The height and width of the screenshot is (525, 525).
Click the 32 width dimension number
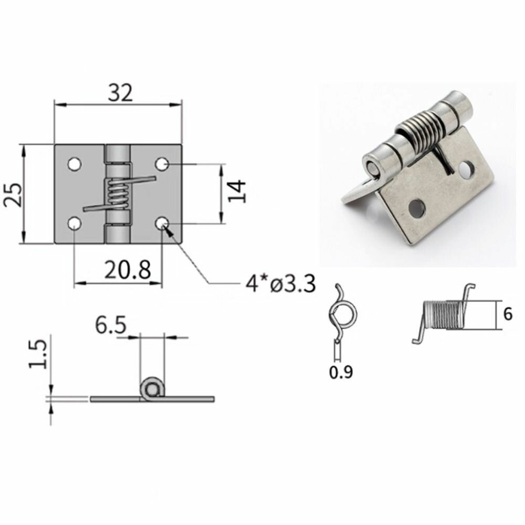coord(120,93)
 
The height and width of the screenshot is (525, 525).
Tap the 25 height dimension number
coord(13,195)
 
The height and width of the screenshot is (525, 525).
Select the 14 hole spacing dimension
coord(237,191)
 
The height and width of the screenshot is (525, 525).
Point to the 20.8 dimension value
coord(128,270)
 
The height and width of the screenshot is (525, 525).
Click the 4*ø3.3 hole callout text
coord(280,284)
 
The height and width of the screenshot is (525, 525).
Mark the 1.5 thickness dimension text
coord(37,354)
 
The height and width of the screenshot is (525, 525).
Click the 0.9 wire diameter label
coord(341,372)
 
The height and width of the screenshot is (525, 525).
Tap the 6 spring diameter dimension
coord(508,314)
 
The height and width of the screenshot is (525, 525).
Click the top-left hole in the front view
coord(75,164)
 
